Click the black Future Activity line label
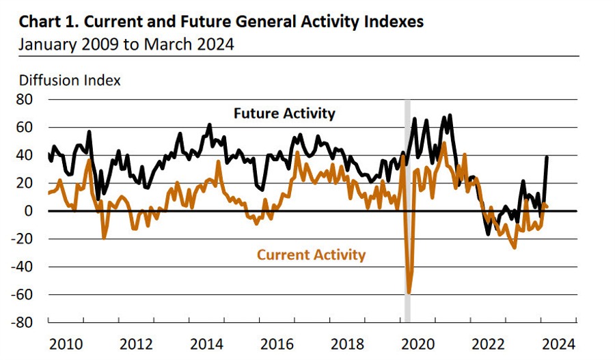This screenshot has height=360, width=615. tap(284, 113)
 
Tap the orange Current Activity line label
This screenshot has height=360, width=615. tap(311, 255)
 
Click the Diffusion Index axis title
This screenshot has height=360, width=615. tap(70, 81)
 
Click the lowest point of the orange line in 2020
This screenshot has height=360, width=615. tap(409, 293)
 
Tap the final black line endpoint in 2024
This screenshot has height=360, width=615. tap(547, 157)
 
